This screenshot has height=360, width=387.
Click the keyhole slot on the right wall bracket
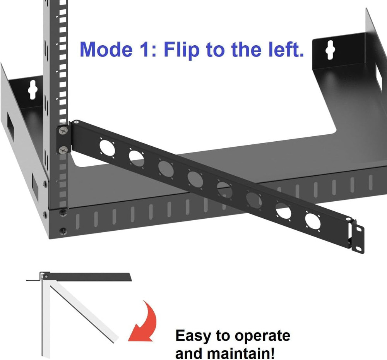coord(329,50)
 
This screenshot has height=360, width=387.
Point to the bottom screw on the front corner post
coord(62,231)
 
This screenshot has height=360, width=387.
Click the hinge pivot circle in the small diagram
coord(46,276)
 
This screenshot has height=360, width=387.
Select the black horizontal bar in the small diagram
coord(89,276)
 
